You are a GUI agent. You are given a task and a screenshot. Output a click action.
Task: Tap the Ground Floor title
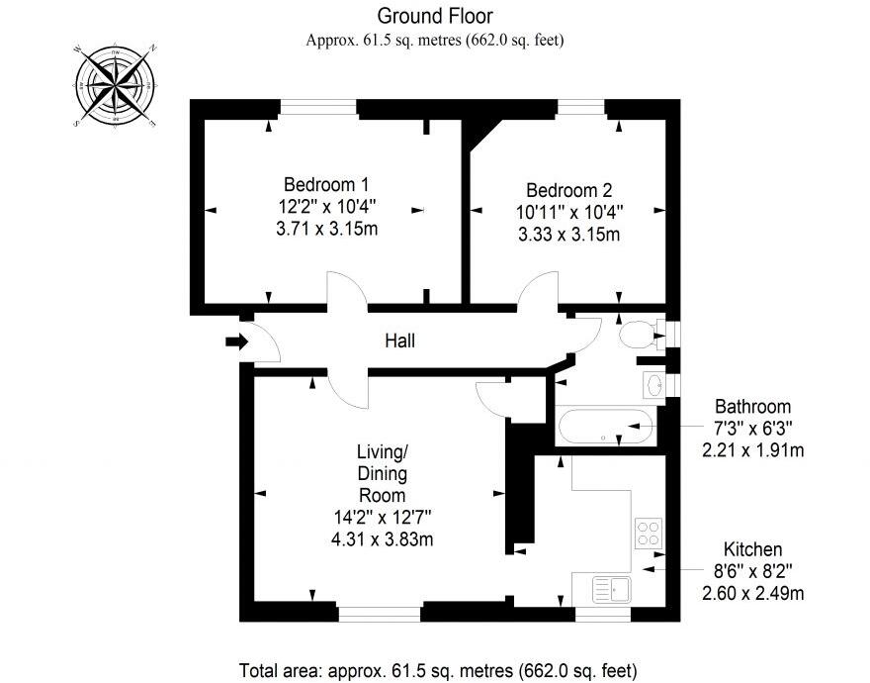coord(434,16)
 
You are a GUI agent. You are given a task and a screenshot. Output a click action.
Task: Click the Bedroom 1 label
coord(326,185)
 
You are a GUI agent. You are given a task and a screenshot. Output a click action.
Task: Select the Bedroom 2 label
coord(568,190)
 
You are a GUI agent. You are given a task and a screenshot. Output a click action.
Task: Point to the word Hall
coord(399,341)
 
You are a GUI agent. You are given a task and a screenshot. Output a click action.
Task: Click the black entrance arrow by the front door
coord(236,341)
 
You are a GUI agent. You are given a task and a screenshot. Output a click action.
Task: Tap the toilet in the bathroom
coord(638,335)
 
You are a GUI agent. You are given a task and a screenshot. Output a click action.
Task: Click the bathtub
coord(605,429)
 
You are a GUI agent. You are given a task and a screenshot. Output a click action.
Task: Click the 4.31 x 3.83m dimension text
coord(383,538)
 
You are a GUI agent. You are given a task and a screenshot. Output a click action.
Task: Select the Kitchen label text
coord(753,549)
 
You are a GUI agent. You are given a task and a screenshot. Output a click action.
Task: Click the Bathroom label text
coord(753,407)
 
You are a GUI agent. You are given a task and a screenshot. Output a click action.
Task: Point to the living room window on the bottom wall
coord(380,613)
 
